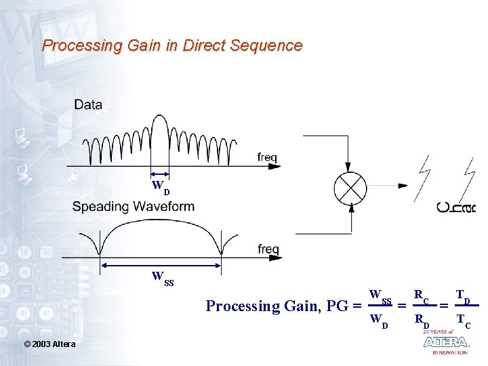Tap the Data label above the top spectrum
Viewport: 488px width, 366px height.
[x=88, y=104]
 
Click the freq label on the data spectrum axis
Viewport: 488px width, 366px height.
[x=267, y=157]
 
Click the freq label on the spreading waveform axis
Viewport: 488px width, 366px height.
[x=268, y=249]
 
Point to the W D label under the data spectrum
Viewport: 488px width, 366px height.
[x=161, y=186]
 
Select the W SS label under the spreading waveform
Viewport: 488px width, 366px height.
[x=163, y=278]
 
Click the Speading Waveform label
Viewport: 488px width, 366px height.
[x=134, y=206]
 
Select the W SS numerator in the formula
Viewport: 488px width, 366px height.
[x=380, y=296]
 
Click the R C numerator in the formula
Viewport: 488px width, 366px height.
[x=422, y=296]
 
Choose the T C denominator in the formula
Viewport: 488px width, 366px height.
[x=464, y=320]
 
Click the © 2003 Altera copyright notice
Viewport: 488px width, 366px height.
[x=49, y=344]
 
